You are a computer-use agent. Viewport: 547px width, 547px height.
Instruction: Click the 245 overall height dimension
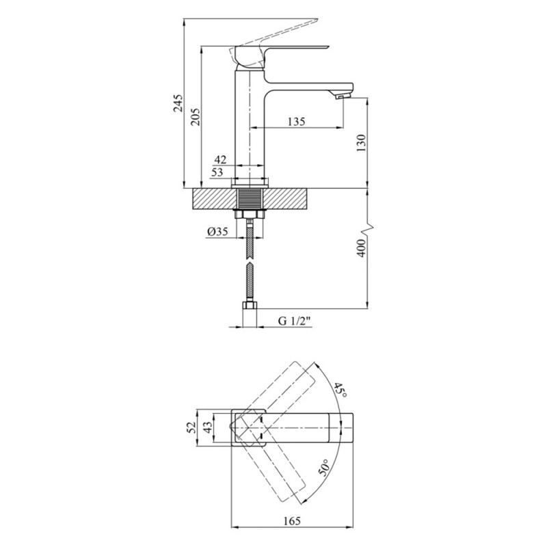(178, 103)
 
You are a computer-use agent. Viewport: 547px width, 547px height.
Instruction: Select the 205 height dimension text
(195, 116)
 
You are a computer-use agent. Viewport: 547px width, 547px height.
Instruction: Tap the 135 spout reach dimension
(297, 122)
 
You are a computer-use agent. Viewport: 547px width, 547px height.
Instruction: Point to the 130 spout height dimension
(361, 142)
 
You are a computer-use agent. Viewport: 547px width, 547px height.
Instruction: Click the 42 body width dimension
(220, 160)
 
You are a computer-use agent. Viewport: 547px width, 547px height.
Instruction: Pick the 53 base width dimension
(217, 172)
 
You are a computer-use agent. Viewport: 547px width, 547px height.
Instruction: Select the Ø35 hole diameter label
(217, 231)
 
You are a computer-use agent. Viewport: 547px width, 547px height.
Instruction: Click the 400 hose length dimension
(362, 248)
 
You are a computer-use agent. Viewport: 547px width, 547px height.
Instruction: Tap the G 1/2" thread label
(295, 321)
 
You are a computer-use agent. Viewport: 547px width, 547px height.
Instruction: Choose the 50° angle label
(323, 467)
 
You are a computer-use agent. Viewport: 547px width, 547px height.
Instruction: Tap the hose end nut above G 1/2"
(250, 305)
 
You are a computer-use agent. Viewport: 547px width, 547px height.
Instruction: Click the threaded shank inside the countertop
(250, 199)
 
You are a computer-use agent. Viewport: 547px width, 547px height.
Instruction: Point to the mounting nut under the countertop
(250, 213)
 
